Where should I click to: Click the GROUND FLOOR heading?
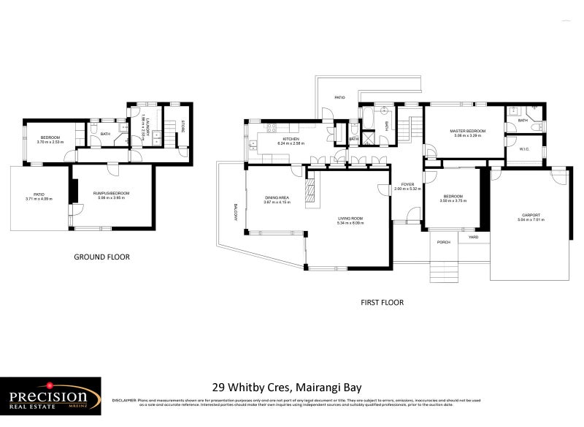[x=101, y=257]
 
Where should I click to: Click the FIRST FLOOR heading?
[x=382, y=302]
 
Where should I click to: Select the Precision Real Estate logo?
[x=50, y=397]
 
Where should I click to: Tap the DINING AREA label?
[x=277, y=197]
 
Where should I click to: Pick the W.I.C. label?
[x=524, y=149]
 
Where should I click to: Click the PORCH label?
[x=442, y=241]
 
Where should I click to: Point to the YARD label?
[x=473, y=237]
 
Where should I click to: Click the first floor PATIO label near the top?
[x=339, y=97]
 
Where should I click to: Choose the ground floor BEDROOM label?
[x=50, y=137]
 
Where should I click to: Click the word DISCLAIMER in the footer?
[x=126, y=401]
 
